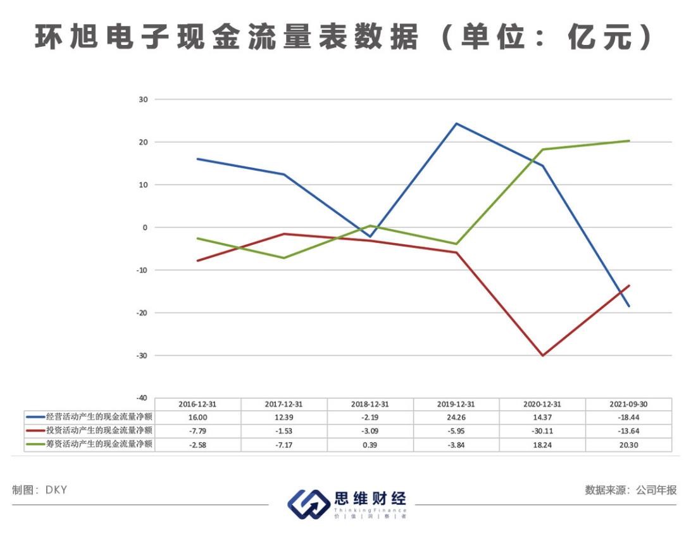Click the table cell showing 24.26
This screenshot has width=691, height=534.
point(456,418)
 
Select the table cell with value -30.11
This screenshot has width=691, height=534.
point(542,431)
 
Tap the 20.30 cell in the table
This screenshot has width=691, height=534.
point(628,444)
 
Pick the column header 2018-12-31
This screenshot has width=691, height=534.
point(370,404)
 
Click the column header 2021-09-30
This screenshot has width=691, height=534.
point(628,404)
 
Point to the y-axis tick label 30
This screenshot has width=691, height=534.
point(143,99)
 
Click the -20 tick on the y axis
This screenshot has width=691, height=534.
point(142,313)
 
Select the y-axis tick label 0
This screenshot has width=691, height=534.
point(145,227)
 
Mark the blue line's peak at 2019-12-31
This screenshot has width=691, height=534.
point(456,123)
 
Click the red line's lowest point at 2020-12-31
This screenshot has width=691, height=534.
point(542,356)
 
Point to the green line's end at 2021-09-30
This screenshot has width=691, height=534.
point(628,140)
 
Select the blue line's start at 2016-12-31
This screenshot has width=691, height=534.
point(198,159)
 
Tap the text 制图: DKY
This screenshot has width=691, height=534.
point(39,490)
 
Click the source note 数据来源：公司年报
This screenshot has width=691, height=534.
point(631,490)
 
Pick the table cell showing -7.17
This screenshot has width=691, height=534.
point(284,444)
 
